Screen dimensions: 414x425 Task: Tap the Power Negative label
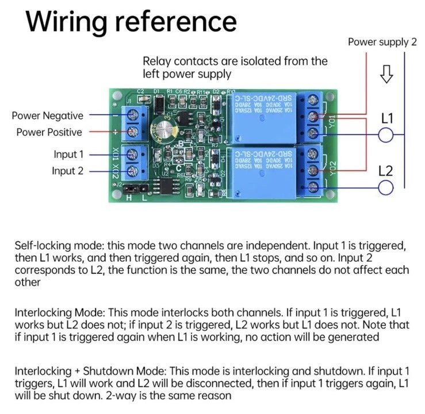click(x=47, y=116)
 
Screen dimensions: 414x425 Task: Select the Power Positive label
click(x=49, y=132)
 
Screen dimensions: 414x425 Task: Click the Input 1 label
click(x=68, y=154)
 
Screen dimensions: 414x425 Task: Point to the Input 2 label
click(x=68, y=171)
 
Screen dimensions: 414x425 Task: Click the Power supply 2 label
click(x=382, y=42)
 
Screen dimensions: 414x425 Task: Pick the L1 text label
click(x=387, y=119)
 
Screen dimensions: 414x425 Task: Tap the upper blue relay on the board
click(x=263, y=115)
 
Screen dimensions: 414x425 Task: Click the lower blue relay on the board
click(x=263, y=172)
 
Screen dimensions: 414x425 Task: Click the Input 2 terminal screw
click(x=134, y=171)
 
